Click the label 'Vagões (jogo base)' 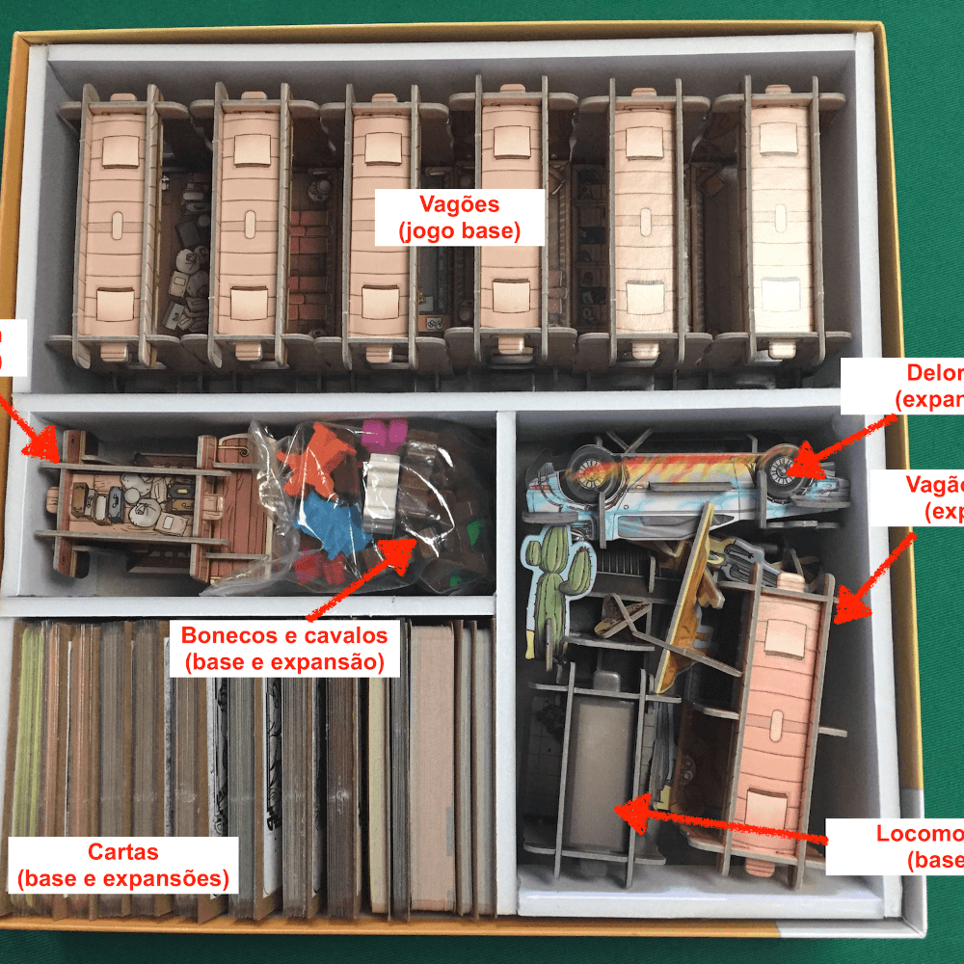(460, 217)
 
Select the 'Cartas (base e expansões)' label (122, 865)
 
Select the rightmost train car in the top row (780, 222)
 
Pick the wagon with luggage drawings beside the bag (135, 501)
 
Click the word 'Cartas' (122, 852)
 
